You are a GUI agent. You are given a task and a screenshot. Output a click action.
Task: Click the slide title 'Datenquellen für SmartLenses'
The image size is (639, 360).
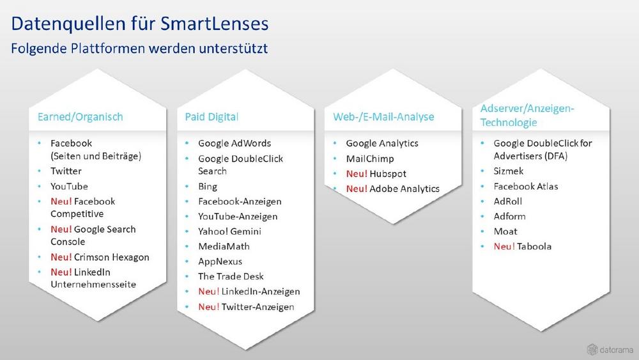click(140, 24)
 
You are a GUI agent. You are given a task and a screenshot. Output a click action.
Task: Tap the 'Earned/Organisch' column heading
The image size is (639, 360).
click(81, 117)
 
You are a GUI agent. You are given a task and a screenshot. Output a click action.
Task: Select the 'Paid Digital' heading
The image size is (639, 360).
click(212, 117)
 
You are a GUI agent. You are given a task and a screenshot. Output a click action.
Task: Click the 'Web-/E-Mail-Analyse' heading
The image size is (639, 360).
click(383, 117)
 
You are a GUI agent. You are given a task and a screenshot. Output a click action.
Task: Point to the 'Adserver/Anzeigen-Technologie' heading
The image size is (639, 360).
click(527, 115)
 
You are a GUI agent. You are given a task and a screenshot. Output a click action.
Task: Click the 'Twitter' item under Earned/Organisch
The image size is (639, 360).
click(66, 171)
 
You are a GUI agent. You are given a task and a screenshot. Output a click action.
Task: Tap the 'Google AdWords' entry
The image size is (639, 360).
click(235, 143)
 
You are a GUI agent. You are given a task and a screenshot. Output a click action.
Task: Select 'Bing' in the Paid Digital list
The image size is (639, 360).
click(208, 187)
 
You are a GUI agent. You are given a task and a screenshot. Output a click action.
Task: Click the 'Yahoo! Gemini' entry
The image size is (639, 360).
click(229, 231)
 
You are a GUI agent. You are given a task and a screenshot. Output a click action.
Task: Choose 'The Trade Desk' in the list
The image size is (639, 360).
click(231, 276)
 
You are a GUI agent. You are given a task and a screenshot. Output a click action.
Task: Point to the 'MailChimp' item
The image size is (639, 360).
click(370, 159)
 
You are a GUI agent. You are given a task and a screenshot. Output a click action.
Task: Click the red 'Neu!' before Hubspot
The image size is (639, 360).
click(357, 174)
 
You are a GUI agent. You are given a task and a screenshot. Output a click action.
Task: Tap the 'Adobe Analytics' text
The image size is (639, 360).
click(404, 189)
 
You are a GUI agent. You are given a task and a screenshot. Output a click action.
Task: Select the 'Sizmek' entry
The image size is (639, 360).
click(508, 171)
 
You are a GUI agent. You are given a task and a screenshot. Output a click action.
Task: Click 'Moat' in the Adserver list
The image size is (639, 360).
click(505, 231)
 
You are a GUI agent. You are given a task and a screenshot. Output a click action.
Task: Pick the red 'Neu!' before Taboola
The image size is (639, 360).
click(504, 246)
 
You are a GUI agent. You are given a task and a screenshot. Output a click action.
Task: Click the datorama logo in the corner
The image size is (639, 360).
click(610, 349)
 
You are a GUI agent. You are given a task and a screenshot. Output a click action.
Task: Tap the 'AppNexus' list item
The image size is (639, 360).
click(220, 262)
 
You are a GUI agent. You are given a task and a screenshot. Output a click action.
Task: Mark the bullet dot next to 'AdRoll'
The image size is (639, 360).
click(482, 201)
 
